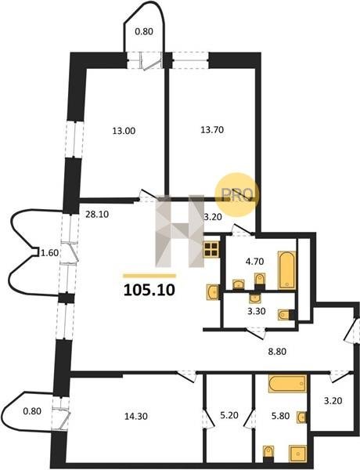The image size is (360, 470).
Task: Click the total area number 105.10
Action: (149, 290)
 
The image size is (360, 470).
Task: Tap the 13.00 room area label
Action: (124, 131)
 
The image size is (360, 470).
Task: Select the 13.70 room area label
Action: (212, 130)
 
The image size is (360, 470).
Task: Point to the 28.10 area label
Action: (97, 215)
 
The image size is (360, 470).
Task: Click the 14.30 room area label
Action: (135, 416)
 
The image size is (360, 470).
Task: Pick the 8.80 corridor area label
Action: (277, 351)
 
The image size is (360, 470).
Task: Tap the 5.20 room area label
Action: (229, 415)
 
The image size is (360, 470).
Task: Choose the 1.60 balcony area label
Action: (49, 253)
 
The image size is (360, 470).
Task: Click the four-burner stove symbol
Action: (211, 250)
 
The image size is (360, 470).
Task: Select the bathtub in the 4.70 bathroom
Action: (286, 270)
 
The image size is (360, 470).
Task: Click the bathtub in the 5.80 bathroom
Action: (287, 383)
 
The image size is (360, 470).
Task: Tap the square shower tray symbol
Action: (297, 454)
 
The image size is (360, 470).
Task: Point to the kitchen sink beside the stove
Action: (213, 291)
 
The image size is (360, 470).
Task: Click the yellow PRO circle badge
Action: (237, 194)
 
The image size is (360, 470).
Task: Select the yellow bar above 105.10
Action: (149, 276)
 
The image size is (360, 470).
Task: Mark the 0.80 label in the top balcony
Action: (144, 31)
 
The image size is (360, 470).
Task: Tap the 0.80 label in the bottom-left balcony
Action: (32, 411)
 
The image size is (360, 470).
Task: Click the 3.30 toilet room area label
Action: (257, 312)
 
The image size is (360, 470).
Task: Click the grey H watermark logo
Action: (179, 231)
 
